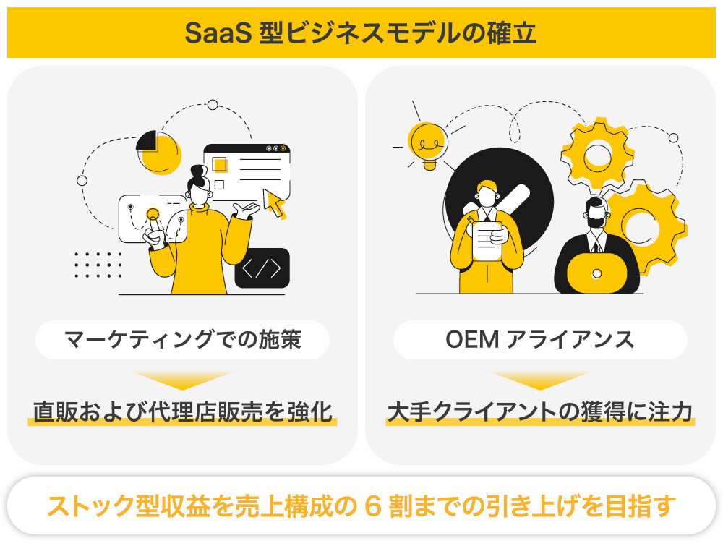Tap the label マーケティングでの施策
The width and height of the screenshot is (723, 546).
click(x=182, y=339)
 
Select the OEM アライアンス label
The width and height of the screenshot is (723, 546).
click(x=540, y=339)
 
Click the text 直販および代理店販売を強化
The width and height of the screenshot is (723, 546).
click(x=182, y=411)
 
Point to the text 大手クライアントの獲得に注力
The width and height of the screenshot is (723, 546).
click(x=540, y=411)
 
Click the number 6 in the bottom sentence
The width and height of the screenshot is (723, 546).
click(x=373, y=505)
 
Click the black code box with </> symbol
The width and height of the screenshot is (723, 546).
click(x=262, y=268)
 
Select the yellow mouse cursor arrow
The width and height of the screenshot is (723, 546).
click(x=275, y=202)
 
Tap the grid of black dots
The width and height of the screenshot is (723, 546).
click(x=99, y=265)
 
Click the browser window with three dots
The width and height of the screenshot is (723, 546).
click(x=246, y=171)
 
